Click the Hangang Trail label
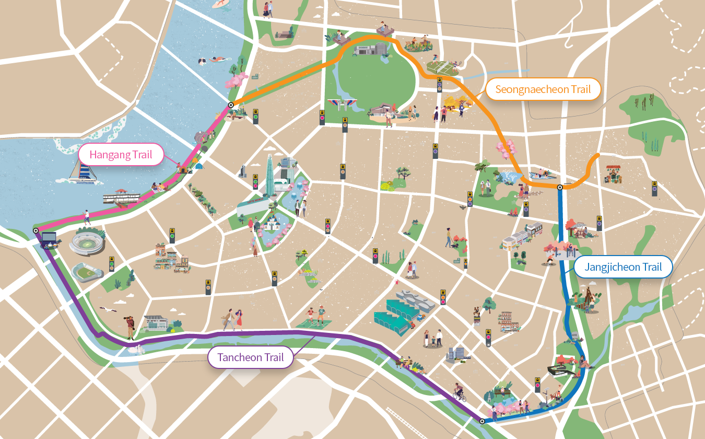(121, 155)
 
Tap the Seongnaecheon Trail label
(543, 89)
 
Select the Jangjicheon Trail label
(623, 267)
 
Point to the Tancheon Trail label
(250, 357)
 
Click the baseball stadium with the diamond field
(87, 272)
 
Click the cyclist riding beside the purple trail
(459, 391)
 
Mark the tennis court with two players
(442, 66)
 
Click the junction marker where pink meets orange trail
(230, 106)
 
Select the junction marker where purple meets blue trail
(481, 421)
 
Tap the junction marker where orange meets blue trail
(559, 187)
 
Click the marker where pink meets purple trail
(36, 230)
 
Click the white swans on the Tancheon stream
(137, 349)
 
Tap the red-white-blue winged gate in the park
(342, 104)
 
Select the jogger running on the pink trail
(87, 217)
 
